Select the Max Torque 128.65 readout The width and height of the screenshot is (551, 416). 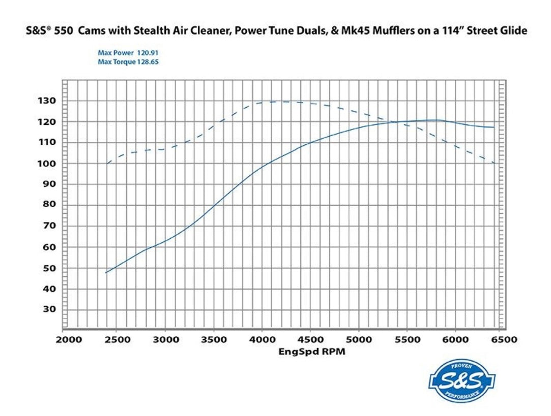pyautogui.click(x=125, y=61)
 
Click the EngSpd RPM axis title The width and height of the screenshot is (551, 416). pyautogui.click(x=312, y=351)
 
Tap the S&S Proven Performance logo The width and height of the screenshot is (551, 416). pyautogui.click(x=462, y=381)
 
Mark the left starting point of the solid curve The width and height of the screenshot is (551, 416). pyautogui.click(x=106, y=273)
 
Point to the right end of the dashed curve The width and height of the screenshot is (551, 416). pyautogui.click(x=494, y=164)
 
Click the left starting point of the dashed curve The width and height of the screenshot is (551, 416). pyautogui.click(x=107, y=163)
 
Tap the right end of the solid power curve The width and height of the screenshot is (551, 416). pyautogui.click(x=494, y=127)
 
